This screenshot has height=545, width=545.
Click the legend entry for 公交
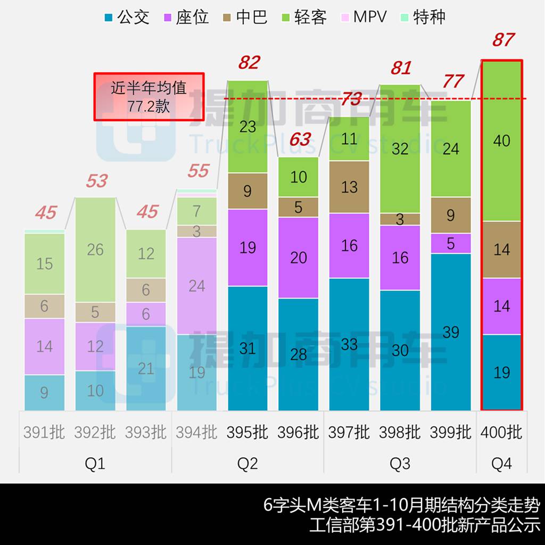pyautogui.click(x=127, y=17)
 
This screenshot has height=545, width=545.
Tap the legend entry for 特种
pyautogui.click(x=422, y=17)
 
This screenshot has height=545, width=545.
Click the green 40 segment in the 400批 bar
pyautogui.click(x=502, y=141)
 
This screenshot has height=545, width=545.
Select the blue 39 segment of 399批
pyautogui.click(x=451, y=332)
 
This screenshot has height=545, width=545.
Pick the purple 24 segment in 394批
pyautogui.click(x=197, y=286)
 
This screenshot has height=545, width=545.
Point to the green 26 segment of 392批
pyautogui.click(x=95, y=249)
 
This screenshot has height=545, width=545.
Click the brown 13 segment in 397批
pyautogui.click(x=349, y=187)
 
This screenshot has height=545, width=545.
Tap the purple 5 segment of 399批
pyautogui.click(x=451, y=243)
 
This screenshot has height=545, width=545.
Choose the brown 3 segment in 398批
pyautogui.click(x=400, y=219)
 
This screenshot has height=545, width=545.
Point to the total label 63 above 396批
pyautogui.click(x=300, y=139)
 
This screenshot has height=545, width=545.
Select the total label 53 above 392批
pyautogui.click(x=96, y=181)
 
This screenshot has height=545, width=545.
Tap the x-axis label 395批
pyautogui.click(x=247, y=432)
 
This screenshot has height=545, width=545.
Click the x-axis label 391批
pyautogui.click(x=44, y=432)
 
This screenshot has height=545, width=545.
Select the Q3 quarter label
pyautogui.click(x=400, y=464)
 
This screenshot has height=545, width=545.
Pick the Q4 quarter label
pyautogui.click(x=501, y=464)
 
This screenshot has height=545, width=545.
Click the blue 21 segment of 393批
pyautogui.click(x=146, y=368)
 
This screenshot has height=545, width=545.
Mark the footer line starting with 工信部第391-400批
pyautogui.click(x=425, y=525)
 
